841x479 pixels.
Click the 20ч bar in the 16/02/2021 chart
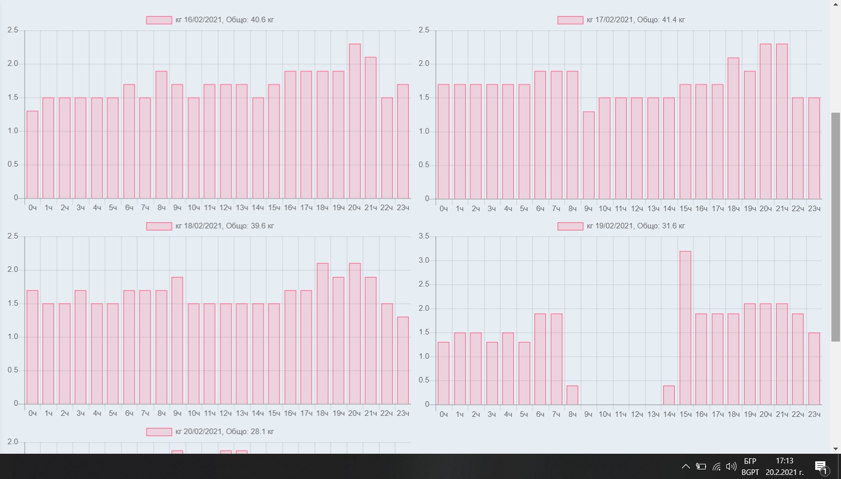pos(355,121)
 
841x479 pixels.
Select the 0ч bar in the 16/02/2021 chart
pos(32,155)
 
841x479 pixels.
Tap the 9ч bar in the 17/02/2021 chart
pos(588,155)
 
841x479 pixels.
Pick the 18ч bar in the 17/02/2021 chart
pos(733,128)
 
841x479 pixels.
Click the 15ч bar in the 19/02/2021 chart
pos(685,328)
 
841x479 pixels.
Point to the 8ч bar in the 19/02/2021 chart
pos(572,395)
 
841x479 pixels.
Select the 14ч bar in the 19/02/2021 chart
pos(669,395)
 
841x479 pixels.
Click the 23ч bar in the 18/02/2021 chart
pos(403,360)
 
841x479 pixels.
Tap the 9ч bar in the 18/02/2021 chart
pos(177,341)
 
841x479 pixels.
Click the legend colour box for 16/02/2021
pos(159,20)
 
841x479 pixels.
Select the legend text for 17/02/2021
pos(635,20)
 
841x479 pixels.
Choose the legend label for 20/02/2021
pos(224,432)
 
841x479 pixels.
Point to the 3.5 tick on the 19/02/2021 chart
pos(424,236)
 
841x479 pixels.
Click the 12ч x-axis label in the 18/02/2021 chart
pos(225,413)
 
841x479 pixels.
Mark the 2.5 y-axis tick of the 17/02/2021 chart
pos(424,30)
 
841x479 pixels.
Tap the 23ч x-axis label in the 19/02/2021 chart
pos(814,414)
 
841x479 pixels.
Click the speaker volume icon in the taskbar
pos(731,466)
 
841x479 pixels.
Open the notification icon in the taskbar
pos(821,466)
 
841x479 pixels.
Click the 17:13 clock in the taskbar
pos(784,461)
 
